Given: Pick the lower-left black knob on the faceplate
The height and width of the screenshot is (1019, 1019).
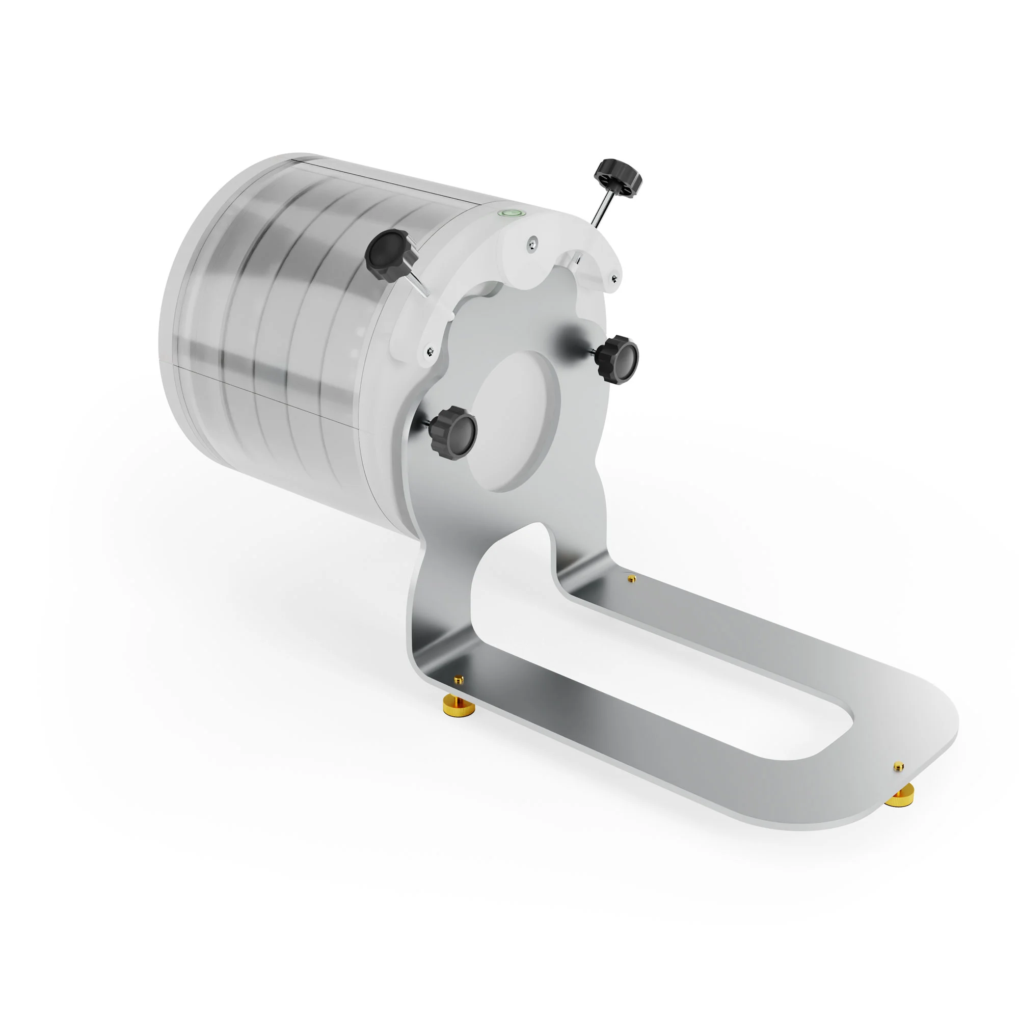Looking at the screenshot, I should tap(453, 429).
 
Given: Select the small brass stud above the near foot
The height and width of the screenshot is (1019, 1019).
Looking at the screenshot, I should tap(459, 679).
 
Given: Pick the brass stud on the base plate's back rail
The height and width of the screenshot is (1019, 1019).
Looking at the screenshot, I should tap(631, 579).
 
